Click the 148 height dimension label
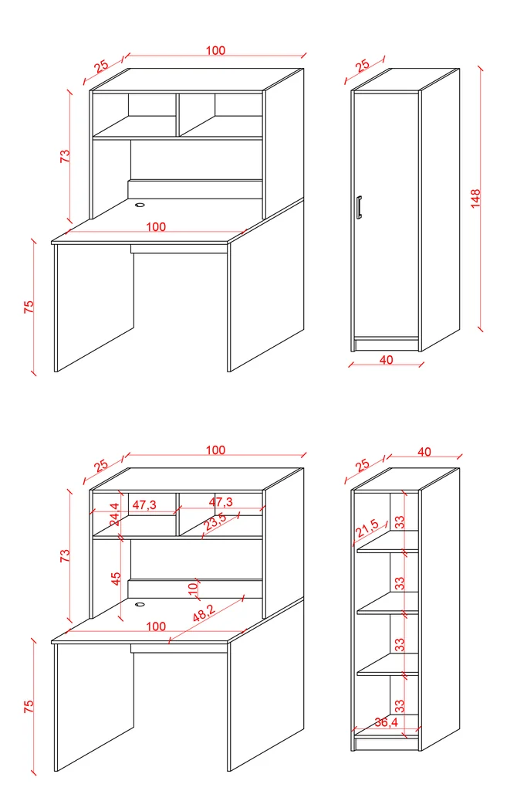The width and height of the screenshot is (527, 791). pos(475,199)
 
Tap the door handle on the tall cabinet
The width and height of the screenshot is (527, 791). pos(359,208)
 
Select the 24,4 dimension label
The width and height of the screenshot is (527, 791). pos(116,514)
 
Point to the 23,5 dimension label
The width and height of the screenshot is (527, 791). pos(215,521)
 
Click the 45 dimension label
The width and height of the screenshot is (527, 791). pos(116,578)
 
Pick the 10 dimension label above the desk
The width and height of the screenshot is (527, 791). pos(192,588)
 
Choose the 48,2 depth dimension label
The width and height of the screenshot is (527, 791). pos(204,612)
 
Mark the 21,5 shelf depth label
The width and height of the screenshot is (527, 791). pos(367,528)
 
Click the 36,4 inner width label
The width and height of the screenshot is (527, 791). pos(386,722)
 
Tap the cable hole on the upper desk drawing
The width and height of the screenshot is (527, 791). pos(140,205)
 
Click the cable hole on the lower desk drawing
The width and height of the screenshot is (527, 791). pos(140,604)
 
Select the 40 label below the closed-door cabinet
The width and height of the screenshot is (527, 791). pos(386,360)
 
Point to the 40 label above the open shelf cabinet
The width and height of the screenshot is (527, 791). pos(424,451)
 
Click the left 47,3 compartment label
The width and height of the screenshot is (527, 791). pos(144,504)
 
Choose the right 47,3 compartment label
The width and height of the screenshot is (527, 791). pos(221,502)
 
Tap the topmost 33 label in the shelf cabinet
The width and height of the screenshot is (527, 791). pos(400,521)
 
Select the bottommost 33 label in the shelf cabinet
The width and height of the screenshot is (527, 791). pos(400,705)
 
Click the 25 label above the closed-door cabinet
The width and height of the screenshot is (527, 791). pos(362,66)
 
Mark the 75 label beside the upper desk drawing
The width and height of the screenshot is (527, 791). pos(29,306)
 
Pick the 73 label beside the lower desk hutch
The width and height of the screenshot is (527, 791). pos(65,556)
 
